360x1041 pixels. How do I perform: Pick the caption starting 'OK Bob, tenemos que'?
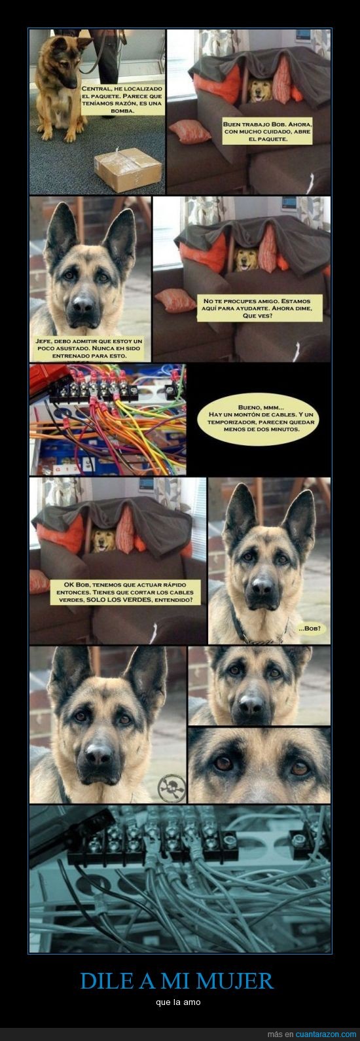coord(125,592)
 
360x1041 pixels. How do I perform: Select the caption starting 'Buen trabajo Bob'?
coord(267,132)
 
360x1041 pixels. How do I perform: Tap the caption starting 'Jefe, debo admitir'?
coord(90,348)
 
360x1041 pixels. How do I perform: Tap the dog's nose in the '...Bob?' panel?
coord(262,586)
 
